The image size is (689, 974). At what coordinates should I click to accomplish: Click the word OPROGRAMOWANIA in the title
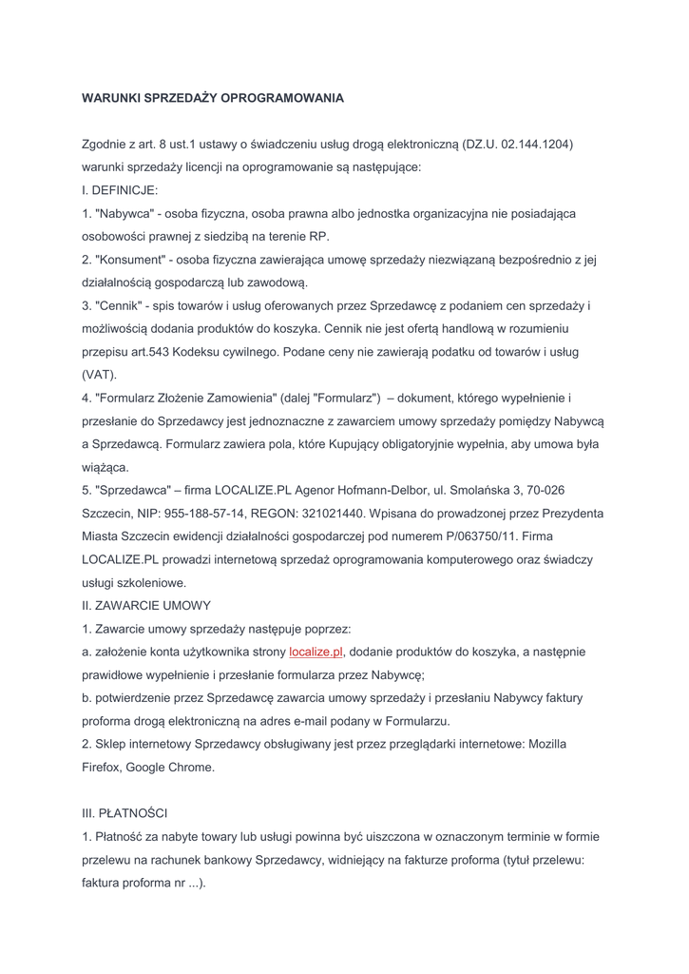(x=283, y=98)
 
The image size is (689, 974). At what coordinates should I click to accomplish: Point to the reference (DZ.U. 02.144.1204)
(x=518, y=145)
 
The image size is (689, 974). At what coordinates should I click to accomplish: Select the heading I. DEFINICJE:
(x=120, y=190)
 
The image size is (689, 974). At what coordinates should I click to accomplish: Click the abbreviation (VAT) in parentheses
(x=99, y=375)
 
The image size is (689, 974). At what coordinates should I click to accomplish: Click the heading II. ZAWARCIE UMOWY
(x=146, y=606)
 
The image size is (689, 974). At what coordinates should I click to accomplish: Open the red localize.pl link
(x=316, y=652)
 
